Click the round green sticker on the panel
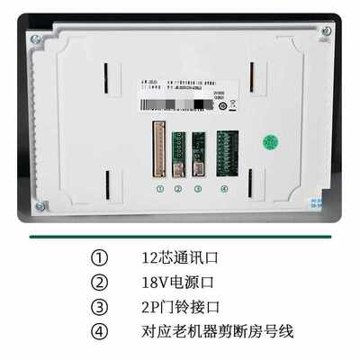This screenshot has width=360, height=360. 269,142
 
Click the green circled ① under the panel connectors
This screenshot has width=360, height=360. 159,189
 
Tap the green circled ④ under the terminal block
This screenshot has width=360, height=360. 224,189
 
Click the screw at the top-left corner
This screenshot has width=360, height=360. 35,39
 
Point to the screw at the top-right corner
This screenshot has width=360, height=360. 326,31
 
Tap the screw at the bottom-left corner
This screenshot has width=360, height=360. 40,206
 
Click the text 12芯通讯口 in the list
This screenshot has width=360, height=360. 179,258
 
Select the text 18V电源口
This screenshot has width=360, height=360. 173,283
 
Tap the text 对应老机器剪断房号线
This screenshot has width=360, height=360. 217,331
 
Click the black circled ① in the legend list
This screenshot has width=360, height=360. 99,258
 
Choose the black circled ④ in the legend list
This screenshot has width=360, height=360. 99,331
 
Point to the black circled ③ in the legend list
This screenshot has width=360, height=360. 99,307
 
